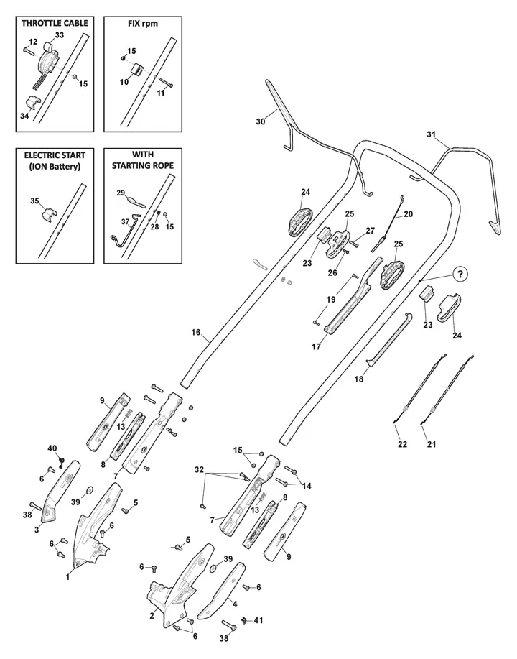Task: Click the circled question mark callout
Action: pyautogui.click(x=460, y=274)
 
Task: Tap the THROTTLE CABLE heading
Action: pyautogui.click(x=55, y=23)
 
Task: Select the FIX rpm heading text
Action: pyautogui.click(x=143, y=24)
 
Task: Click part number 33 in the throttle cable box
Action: pyautogui.click(x=60, y=35)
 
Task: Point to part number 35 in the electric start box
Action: pyautogui.click(x=34, y=201)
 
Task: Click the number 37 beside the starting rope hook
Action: pyautogui.click(x=125, y=222)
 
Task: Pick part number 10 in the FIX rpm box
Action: pyautogui.click(x=124, y=82)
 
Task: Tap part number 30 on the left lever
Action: pyautogui.click(x=261, y=121)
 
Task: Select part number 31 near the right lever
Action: pyautogui.click(x=432, y=134)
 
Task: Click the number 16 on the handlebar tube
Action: pyautogui.click(x=196, y=333)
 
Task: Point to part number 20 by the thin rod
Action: pyautogui.click(x=409, y=214)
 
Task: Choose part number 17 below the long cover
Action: pyautogui.click(x=316, y=346)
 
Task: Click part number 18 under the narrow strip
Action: pyautogui.click(x=358, y=379)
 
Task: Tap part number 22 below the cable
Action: pyautogui.click(x=402, y=444)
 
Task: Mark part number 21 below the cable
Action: pyautogui.click(x=432, y=444)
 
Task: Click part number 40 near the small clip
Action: pyautogui.click(x=52, y=448)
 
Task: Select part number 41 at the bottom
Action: pyautogui.click(x=258, y=620)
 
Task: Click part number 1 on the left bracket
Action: pyautogui.click(x=67, y=578)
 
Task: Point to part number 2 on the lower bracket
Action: pyautogui.click(x=152, y=616)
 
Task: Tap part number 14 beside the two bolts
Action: pyautogui.click(x=307, y=486)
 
